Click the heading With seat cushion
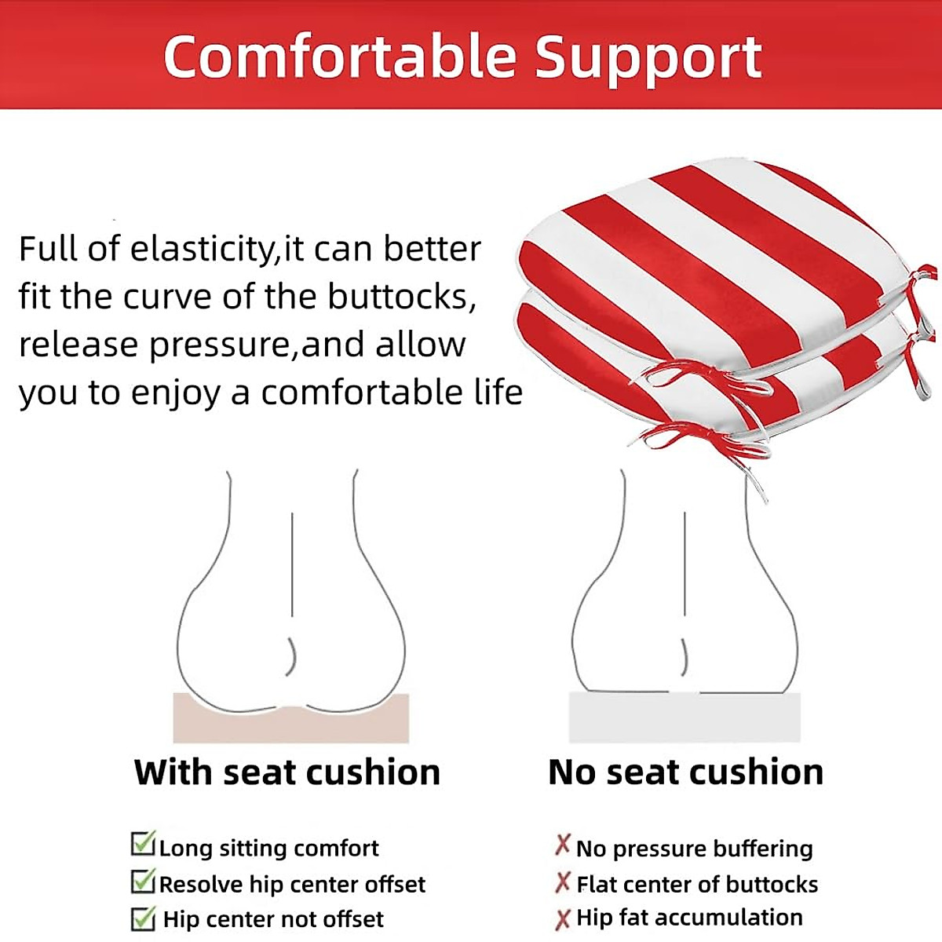287,772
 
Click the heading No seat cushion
685,772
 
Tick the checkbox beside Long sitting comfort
143,845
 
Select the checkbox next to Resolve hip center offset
143,881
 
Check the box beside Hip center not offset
143,918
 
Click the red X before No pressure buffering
562,845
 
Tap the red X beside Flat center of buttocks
562,882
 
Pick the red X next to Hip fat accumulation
562,918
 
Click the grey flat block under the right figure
685,717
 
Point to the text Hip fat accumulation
689,917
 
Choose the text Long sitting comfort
268,848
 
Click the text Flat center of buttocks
697,884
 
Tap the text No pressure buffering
694,848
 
